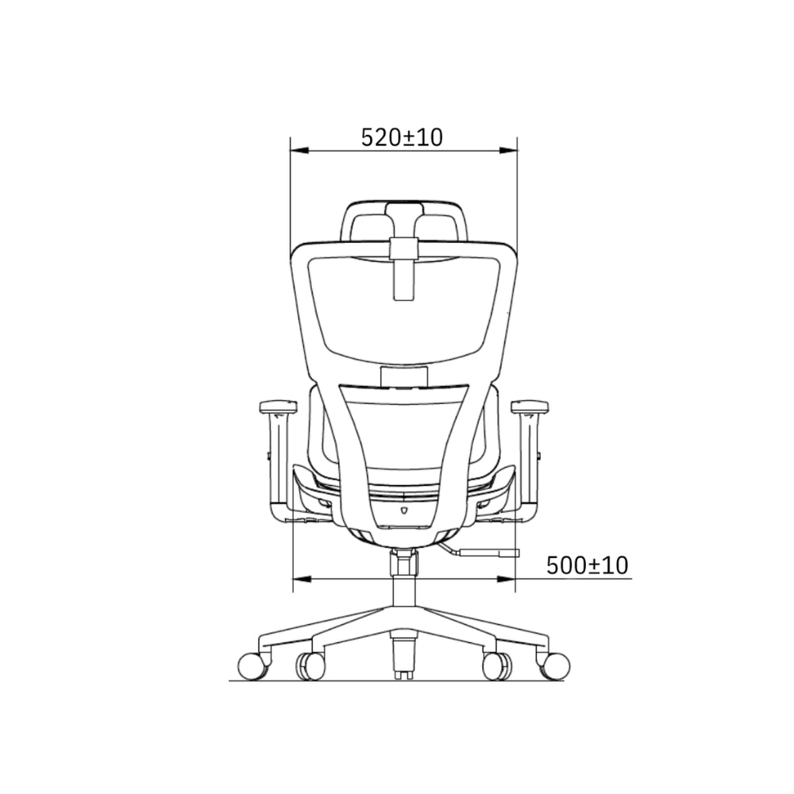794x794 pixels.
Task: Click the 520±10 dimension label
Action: click(402, 137)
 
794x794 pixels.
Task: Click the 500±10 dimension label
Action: click(588, 565)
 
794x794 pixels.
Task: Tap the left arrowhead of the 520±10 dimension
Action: click(299, 150)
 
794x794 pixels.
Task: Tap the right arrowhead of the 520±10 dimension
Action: click(508, 150)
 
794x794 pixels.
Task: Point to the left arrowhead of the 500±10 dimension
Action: click(303, 579)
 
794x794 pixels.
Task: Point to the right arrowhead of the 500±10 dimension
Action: click(506, 579)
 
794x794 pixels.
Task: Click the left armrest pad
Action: click(277, 406)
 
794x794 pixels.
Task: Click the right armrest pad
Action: click(530, 406)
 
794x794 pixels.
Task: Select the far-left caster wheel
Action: click(252, 666)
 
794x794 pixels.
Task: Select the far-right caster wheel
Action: click(556, 666)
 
